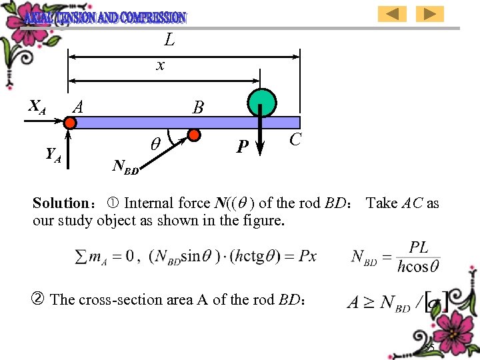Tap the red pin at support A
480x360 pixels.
point(70,123)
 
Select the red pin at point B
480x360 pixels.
point(194,135)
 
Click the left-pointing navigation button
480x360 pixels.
point(392,14)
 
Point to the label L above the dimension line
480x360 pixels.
point(169,41)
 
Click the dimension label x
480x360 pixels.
point(160,65)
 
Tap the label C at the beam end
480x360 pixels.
point(296,139)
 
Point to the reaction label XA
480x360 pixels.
point(37,105)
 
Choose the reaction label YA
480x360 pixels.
point(53,155)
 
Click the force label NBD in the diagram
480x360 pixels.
point(126,167)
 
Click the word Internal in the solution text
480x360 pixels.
point(150,203)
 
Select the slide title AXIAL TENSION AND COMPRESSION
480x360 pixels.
point(105,17)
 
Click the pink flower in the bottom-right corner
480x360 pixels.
point(440,333)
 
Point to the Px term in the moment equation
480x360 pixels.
point(308,256)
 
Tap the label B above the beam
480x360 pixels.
point(198,107)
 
